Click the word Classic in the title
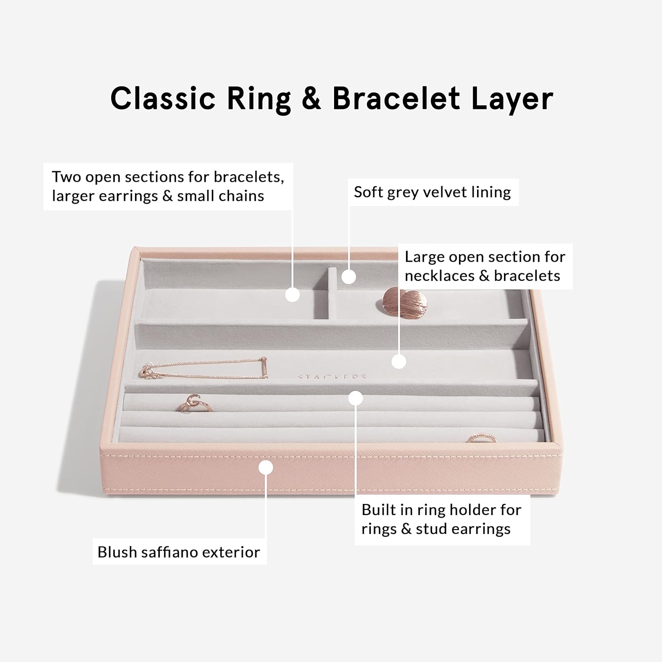163,98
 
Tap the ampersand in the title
311,98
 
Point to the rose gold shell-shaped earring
404,301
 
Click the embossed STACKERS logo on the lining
332,377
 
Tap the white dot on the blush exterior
266,467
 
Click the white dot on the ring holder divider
355,398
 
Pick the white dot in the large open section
399,362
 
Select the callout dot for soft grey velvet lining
349,277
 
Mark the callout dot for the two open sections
293,294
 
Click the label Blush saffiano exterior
179,552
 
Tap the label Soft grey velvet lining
433,192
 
